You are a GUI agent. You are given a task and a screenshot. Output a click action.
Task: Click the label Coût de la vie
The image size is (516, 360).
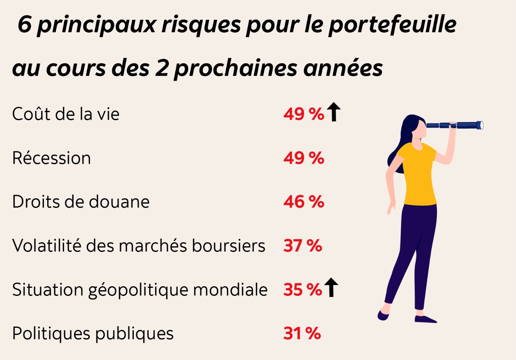(x=66, y=114)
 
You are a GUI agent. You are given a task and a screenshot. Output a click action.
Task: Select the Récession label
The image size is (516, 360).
(x=52, y=158)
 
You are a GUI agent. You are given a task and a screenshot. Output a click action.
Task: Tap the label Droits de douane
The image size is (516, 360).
(x=81, y=202)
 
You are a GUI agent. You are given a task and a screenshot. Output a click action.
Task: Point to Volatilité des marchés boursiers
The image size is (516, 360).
(x=139, y=246)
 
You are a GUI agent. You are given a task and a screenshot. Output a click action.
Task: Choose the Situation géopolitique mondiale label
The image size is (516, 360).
(x=140, y=289)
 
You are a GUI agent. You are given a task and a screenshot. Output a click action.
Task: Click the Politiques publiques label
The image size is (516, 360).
(x=93, y=333)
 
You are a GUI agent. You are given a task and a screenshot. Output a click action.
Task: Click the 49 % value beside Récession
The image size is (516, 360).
(x=303, y=158)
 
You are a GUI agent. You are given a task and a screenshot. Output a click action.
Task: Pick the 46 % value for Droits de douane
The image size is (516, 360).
(x=303, y=202)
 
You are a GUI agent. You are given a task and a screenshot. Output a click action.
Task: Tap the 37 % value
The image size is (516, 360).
(x=302, y=246)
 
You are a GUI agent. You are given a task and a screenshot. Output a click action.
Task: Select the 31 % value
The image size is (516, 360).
(x=302, y=334)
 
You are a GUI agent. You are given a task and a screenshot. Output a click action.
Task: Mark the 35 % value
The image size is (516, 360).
(x=302, y=290)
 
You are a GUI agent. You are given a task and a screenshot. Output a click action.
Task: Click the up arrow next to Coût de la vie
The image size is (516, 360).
(x=333, y=112)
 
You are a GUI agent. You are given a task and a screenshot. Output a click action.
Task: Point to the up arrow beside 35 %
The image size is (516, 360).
(x=331, y=287)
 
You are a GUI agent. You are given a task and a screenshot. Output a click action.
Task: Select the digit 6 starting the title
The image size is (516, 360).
(x=25, y=25)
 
